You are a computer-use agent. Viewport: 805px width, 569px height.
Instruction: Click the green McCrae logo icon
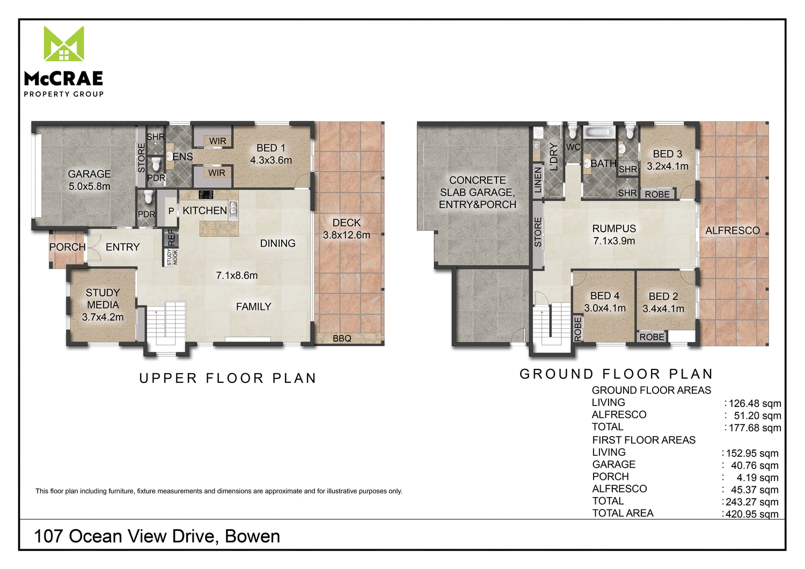tap(64, 43)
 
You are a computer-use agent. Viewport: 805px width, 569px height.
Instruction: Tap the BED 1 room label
tap(271, 148)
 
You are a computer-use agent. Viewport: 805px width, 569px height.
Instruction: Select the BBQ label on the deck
tap(342, 338)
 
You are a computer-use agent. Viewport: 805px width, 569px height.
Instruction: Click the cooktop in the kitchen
tap(206, 195)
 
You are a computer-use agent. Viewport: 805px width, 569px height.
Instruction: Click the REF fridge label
tap(171, 238)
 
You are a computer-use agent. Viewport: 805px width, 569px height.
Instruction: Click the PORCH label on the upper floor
tap(68, 247)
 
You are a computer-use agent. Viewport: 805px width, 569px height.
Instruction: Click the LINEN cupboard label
tap(538, 180)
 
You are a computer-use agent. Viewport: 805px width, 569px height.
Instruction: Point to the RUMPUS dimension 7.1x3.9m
tap(614, 241)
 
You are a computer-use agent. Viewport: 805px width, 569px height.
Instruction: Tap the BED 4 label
tap(605, 295)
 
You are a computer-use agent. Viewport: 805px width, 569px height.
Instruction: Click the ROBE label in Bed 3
tap(657, 194)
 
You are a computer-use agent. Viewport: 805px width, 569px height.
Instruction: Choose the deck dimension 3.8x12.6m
tap(347, 235)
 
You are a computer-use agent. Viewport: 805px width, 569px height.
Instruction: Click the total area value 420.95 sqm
tap(752, 514)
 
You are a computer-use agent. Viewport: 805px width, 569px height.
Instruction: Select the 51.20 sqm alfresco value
tap(757, 416)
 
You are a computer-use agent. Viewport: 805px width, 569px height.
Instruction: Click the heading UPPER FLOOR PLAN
tap(228, 378)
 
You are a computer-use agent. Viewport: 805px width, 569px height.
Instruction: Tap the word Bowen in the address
tap(252, 536)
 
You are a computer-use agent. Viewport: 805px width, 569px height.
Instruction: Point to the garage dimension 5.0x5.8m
tap(89, 187)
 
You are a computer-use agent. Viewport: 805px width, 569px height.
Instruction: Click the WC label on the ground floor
tap(573, 147)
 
